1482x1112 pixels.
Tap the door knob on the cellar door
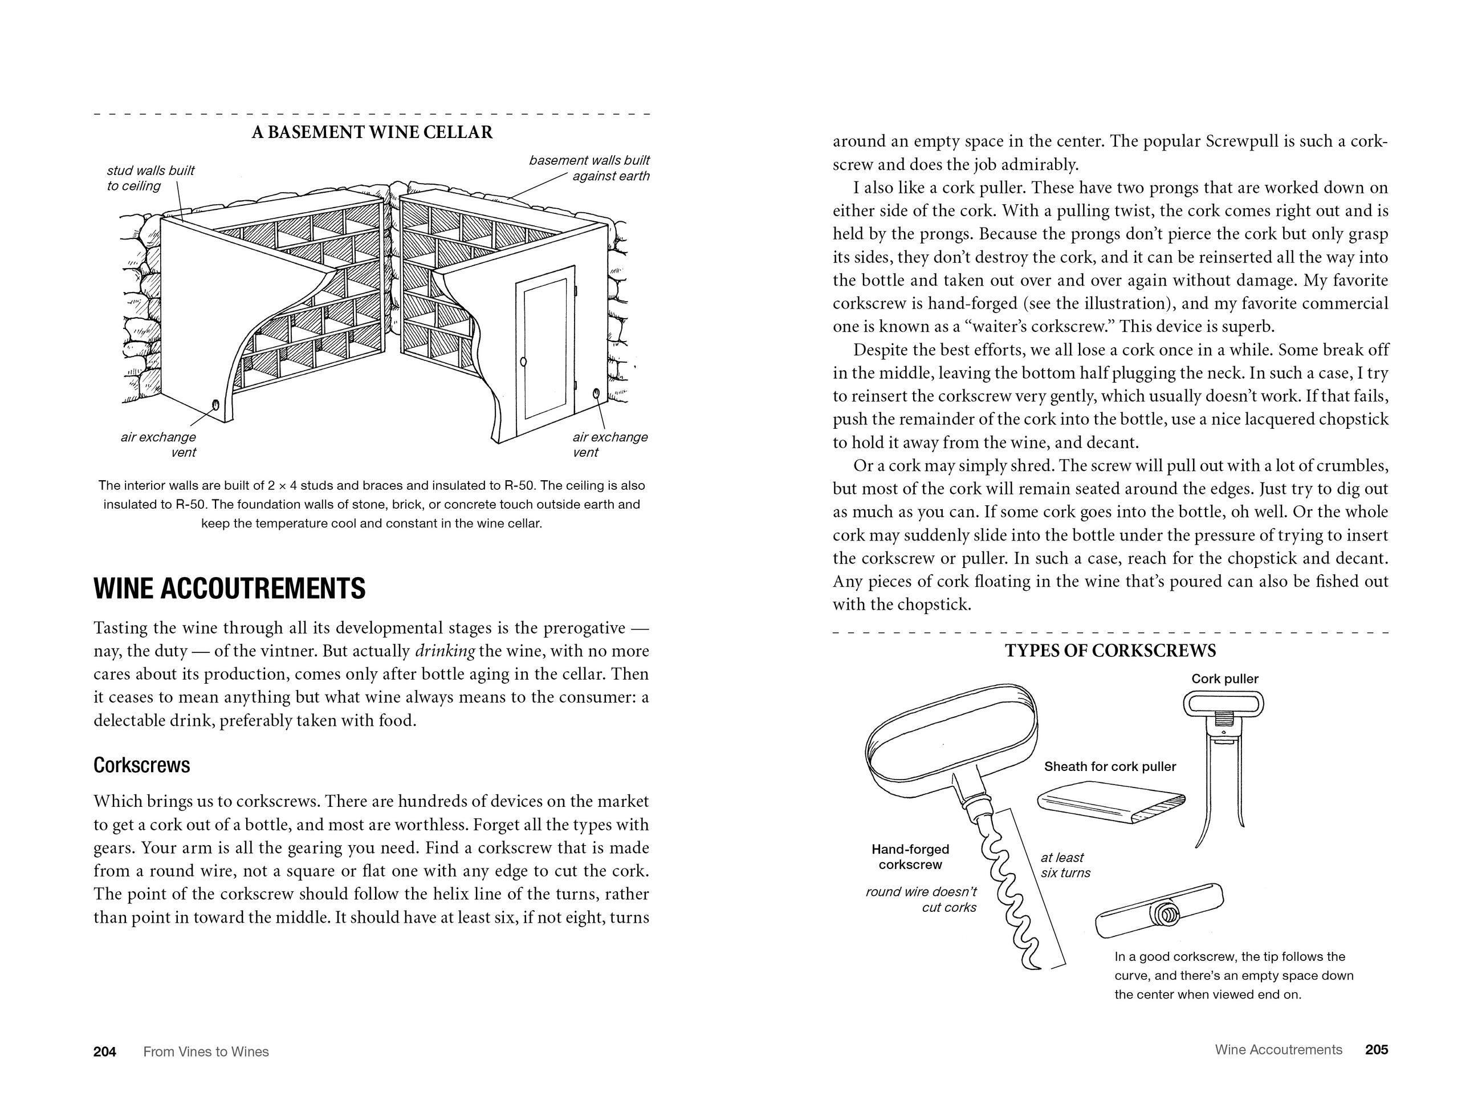523,362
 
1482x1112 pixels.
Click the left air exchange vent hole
215,404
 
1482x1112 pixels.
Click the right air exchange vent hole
596,393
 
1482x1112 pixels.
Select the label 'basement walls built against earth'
589,168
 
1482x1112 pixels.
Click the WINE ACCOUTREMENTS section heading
229,589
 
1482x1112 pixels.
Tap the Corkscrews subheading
141,765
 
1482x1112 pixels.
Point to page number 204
104,1052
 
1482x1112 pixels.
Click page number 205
1376,1050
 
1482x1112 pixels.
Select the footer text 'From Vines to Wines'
206,1052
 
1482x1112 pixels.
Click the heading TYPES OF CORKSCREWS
1110,651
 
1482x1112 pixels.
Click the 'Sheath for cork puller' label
1109,766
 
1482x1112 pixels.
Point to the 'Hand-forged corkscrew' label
910,857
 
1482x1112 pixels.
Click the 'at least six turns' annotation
1065,865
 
